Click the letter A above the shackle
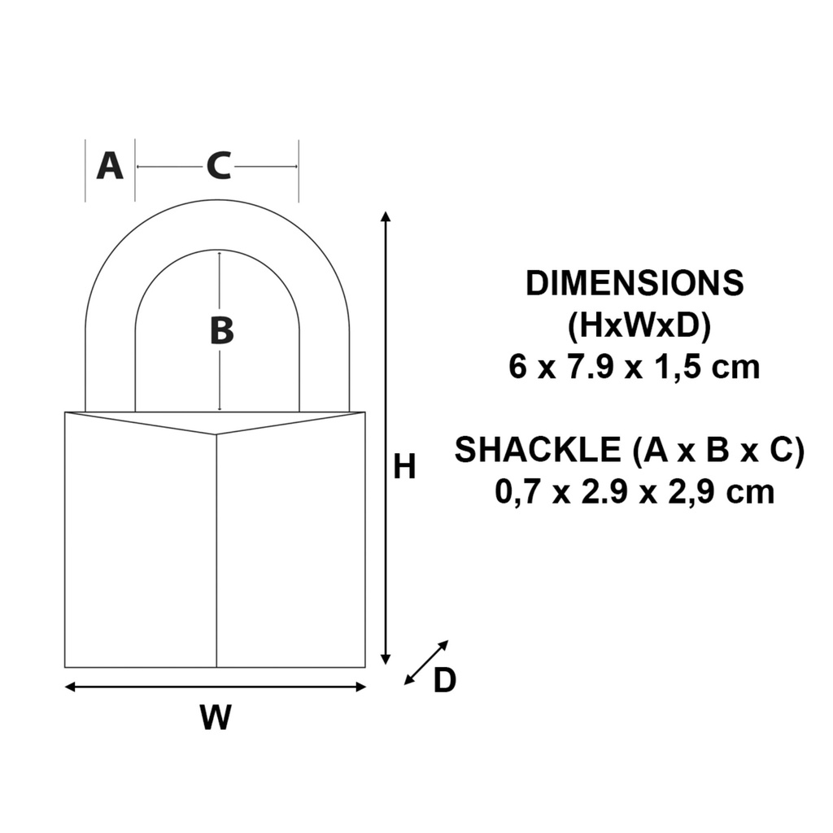[110, 166]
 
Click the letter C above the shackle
[218, 166]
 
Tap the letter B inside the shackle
[221, 331]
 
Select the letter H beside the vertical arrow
[404, 468]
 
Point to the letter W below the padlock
[216, 717]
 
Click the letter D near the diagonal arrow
[444, 681]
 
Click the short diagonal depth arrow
[426, 662]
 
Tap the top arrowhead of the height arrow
[386, 217]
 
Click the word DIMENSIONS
[635, 284]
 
